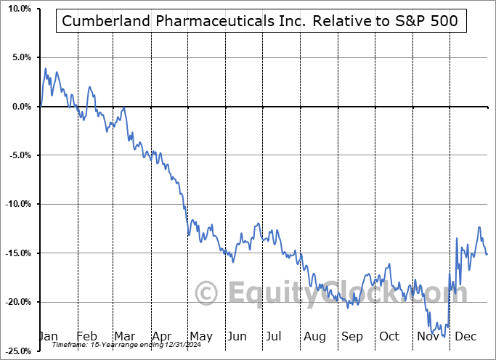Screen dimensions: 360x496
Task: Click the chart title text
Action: [x=261, y=22]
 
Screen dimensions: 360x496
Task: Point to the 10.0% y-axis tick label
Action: [x=17, y=9]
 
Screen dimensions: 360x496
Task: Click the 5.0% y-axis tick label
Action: [x=20, y=57]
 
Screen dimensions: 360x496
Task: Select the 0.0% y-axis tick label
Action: [x=20, y=107]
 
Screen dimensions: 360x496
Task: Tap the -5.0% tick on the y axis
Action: [x=18, y=155]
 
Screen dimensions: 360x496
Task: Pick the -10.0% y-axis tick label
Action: [x=17, y=204]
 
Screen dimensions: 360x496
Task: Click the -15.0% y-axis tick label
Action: [x=17, y=253]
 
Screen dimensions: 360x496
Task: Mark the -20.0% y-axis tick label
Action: [x=17, y=302]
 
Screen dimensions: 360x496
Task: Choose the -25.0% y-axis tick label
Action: [x=17, y=351]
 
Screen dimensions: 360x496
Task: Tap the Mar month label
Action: [x=125, y=337]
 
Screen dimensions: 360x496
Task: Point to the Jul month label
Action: [x=275, y=337]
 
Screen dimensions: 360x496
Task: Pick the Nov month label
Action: [x=427, y=337]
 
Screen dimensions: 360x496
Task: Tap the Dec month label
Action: [x=465, y=337]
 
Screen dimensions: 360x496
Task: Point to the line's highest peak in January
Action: [x=46, y=69]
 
